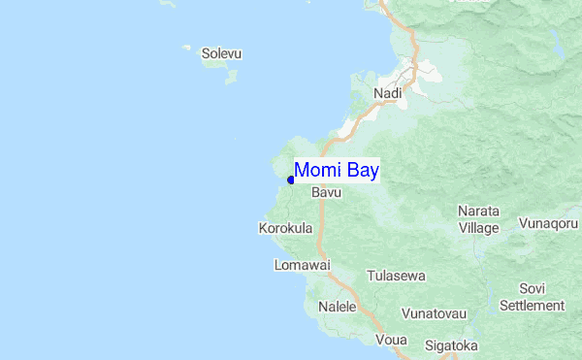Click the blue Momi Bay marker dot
[291, 180]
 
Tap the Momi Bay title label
[336, 170]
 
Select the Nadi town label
[387, 93]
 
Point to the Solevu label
[221, 53]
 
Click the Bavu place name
[326, 193]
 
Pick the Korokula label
[286, 228]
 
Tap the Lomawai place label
[303, 265]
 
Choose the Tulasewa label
[396, 276]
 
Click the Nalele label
[338, 307]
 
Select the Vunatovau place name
[435, 314]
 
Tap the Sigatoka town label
[451, 344]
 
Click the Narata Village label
[478, 219]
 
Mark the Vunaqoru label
[548, 223]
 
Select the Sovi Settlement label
[532, 297]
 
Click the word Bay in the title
[360, 170]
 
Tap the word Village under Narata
[478, 228]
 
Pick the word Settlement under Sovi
[532, 305]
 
